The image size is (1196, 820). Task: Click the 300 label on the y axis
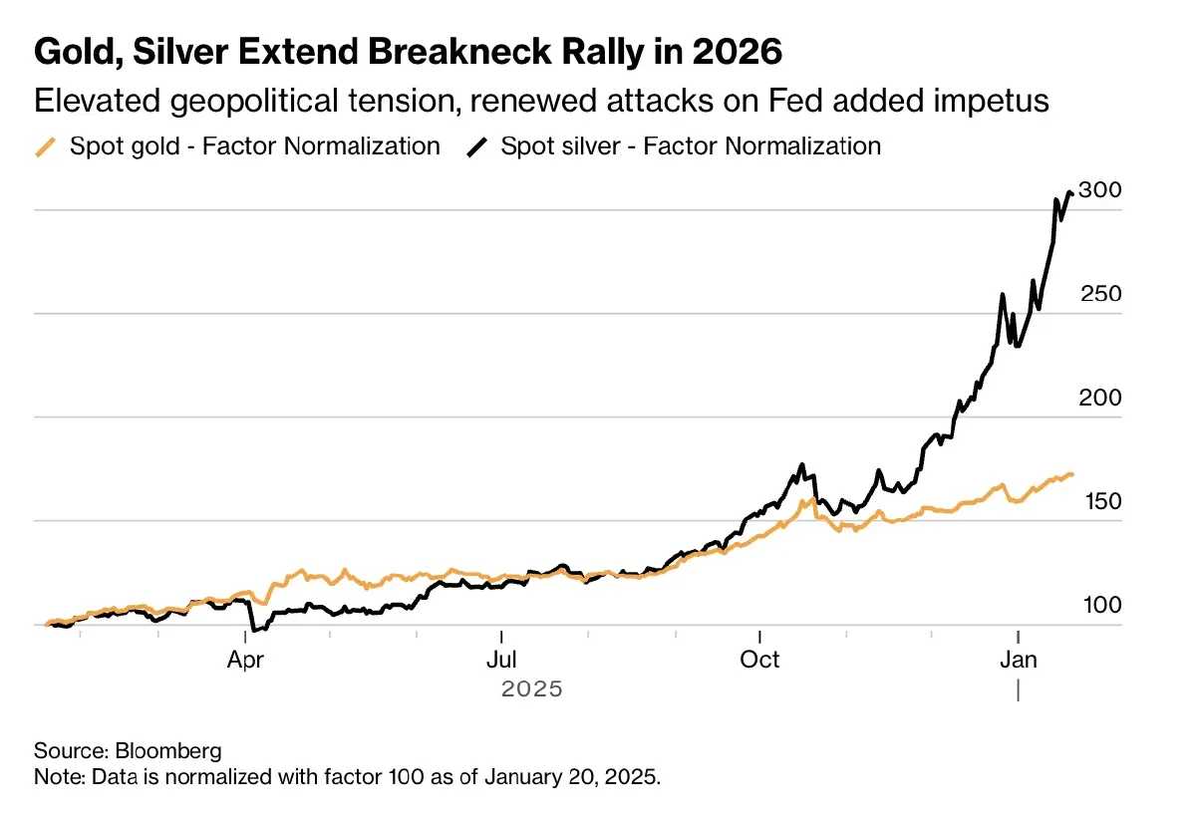(x=1099, y=190)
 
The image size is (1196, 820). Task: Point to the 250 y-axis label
(x=1099, y=294)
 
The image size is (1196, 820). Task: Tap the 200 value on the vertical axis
(x=1099, y=398)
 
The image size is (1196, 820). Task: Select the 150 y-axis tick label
(x=1099, y=501)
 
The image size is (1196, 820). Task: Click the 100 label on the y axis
(x=1099, y=605)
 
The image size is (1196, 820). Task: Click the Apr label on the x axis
(x=245, y=660)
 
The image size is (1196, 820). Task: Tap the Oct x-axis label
(x=759, y=660)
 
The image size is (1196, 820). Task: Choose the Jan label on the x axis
(x=1018, y=660)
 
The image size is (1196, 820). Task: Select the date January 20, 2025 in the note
(x=572, y=776)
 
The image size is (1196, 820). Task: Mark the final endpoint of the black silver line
(x=1071, y=193)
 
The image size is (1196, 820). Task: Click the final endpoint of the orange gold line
(x=1071, y=474)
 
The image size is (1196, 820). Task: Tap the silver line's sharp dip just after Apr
(x=254, y=630)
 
